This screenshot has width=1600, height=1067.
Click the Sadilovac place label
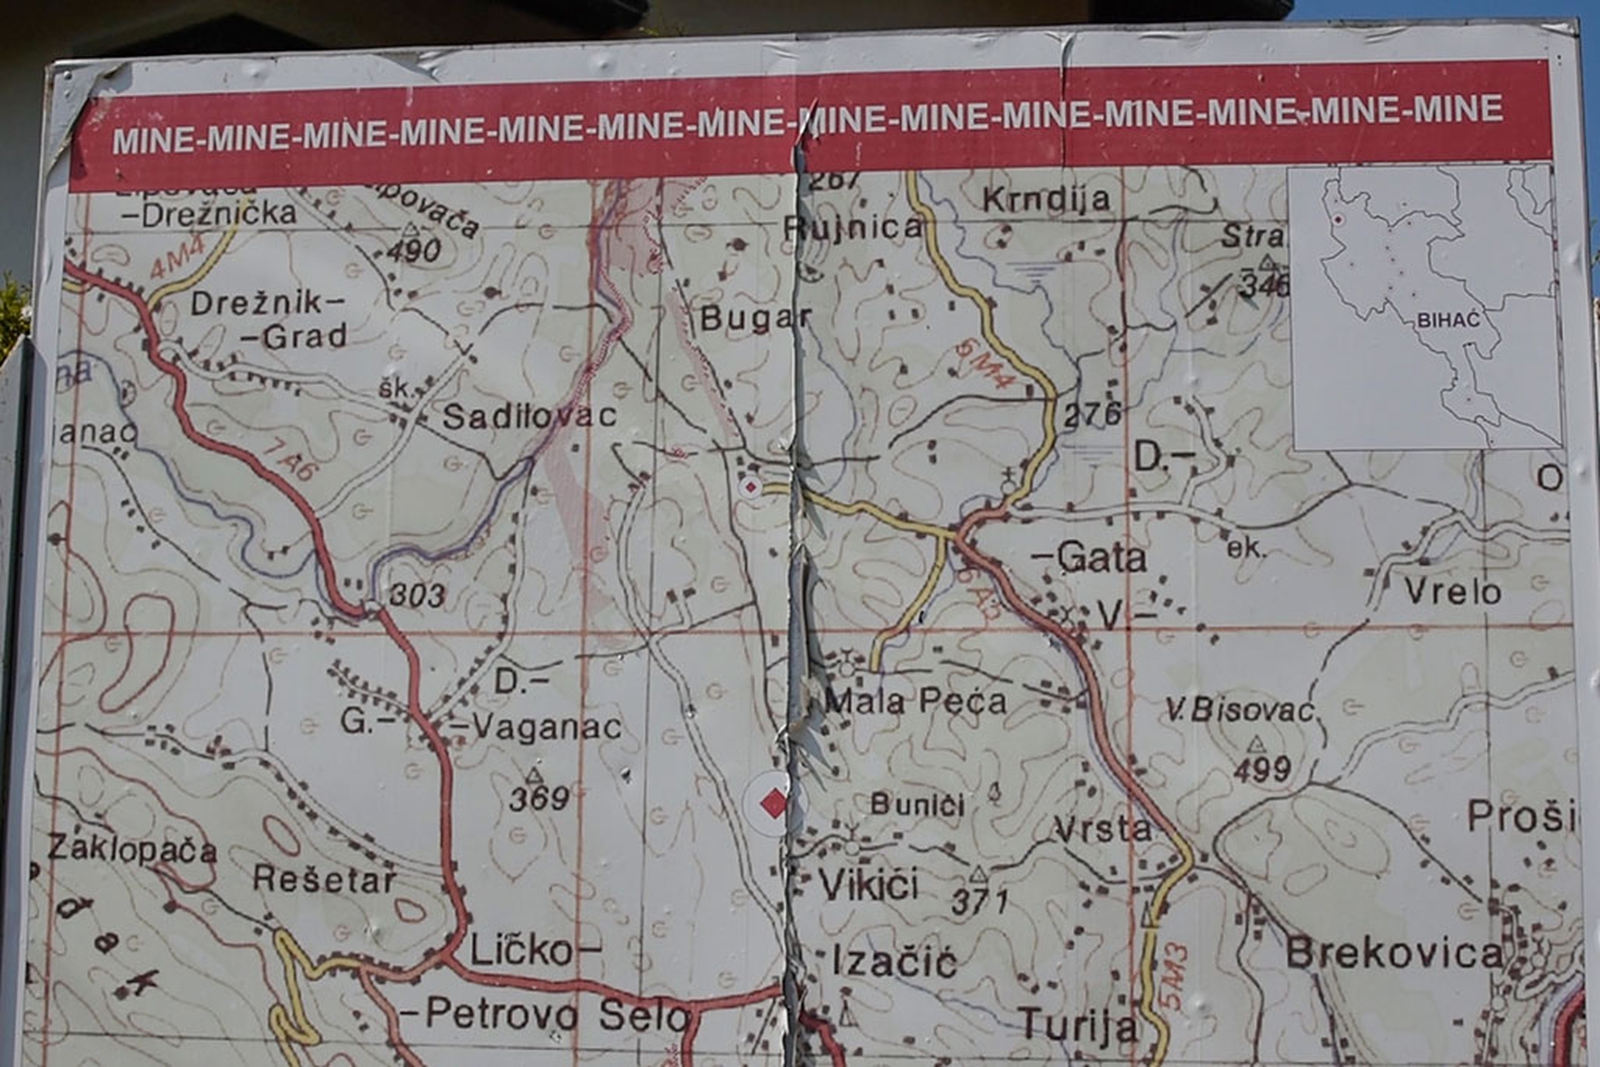tap(529, 416)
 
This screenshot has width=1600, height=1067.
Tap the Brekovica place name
tap(1393, 953)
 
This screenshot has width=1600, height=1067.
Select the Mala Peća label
tap(915, 701)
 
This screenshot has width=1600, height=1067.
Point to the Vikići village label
tap(868, 885)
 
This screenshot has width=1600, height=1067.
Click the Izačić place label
tap(894, 962)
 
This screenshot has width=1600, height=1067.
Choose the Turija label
tap(1078, 1025)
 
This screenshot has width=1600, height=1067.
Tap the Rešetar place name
tap(324, 879)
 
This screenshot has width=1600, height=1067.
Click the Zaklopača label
tap(132, 849)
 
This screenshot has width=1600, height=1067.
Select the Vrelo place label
tap(1452, 591)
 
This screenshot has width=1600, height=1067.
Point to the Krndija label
tap(1046, 200)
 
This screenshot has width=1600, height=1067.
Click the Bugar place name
tap(755, 318)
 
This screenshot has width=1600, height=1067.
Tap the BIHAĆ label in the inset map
tap(1447, 320)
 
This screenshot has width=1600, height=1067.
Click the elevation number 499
tap(1262, 769)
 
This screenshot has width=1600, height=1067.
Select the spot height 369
tap(539, 799)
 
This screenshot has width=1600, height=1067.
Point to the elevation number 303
tap(417, 595)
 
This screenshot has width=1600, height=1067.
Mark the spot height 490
tap(414, 249)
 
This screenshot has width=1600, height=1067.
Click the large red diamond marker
tap(773, 804)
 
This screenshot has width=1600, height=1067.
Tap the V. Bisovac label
tap(1239, 710)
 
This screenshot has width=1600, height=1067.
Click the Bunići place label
tap(917, 805)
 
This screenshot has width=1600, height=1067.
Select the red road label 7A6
tap(289, 460)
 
